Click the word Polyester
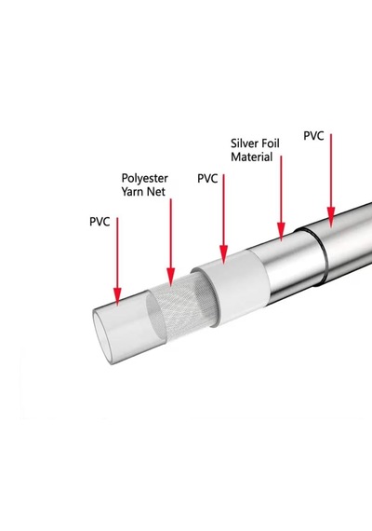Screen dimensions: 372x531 [x=145, y=179]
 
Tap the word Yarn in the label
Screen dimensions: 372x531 [x=131, y=192]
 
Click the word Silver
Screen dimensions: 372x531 [x=244, y=143]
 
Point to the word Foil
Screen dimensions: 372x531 [x=270, y=143]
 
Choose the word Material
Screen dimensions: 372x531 [x=252, y=157]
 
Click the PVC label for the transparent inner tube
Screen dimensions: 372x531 [x=100, y=222]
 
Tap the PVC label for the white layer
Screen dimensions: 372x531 [x=207, y=179]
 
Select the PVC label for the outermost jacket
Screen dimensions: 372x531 [x=313, y=136]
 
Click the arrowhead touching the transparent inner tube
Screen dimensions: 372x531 [x=117, y=295]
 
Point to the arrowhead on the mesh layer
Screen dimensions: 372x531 [x=171, y=277]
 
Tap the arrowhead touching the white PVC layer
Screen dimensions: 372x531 [x=223, y=254]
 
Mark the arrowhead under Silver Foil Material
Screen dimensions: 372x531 [x=281, y=231]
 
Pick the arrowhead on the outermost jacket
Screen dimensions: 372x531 [x=331, y=217]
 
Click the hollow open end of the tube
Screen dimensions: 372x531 [x=102, y=338]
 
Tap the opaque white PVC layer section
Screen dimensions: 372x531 [x=233, y=288]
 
